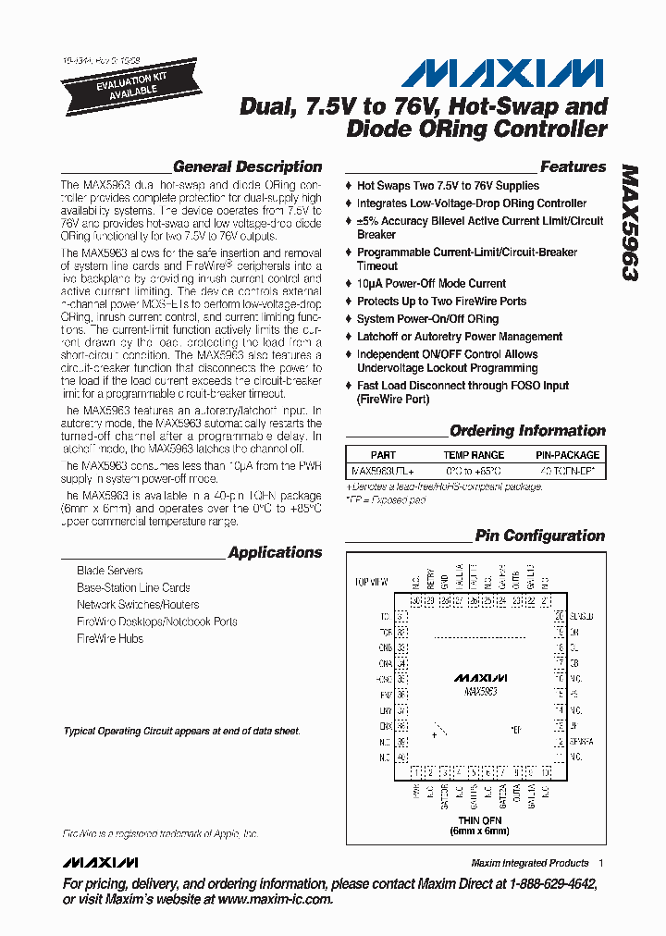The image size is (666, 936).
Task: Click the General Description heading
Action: (x=247, y=167)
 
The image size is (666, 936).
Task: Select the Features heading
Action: (x=573, y=167)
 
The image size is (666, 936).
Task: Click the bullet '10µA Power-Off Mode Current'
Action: (x=431, y=284)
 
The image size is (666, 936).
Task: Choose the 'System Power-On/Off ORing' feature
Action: (x=427, y=319)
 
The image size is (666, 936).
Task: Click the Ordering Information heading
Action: (x=527, y=431)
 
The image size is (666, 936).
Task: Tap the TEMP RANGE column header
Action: (x=474, y=455)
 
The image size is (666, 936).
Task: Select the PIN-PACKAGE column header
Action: (x=567, y=455)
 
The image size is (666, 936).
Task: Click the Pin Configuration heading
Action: (x=539, y=536)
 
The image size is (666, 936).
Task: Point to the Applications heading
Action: (x=275, y=553)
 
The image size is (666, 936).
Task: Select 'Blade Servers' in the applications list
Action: (x=109, y=571)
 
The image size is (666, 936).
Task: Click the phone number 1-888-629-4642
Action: (x=546, y=884)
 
